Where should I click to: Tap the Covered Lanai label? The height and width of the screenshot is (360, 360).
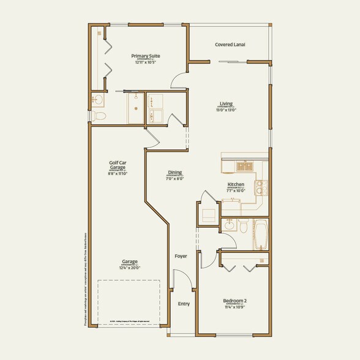click(x=230, y=45)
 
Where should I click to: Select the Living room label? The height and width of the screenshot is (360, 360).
click(x=227, y=103)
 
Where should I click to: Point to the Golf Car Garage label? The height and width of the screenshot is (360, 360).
click(x=118, y=165)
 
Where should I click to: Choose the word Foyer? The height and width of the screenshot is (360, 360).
click(x=181, y=256)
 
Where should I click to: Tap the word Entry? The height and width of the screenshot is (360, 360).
click(x=184, y=304)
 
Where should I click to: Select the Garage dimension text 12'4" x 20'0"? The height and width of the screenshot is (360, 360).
click(x=130, y=268)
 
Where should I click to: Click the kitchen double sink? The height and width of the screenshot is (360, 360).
click(x=246, y=165)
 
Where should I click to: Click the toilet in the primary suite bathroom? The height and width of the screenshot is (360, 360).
click(x=101, y=115)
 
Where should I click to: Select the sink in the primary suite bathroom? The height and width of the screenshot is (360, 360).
click(x=98, y=99)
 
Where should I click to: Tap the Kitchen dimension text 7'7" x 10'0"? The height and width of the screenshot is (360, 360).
click(x=236, y=190)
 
